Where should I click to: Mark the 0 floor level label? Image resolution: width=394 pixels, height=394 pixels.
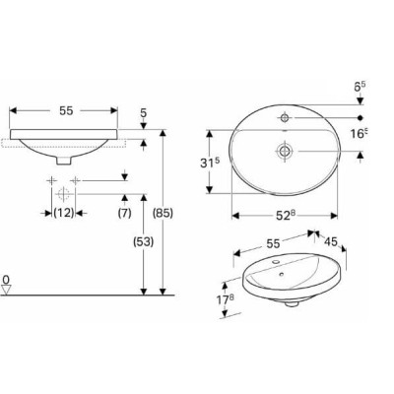pyautogui.click(x=6, y=280)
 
